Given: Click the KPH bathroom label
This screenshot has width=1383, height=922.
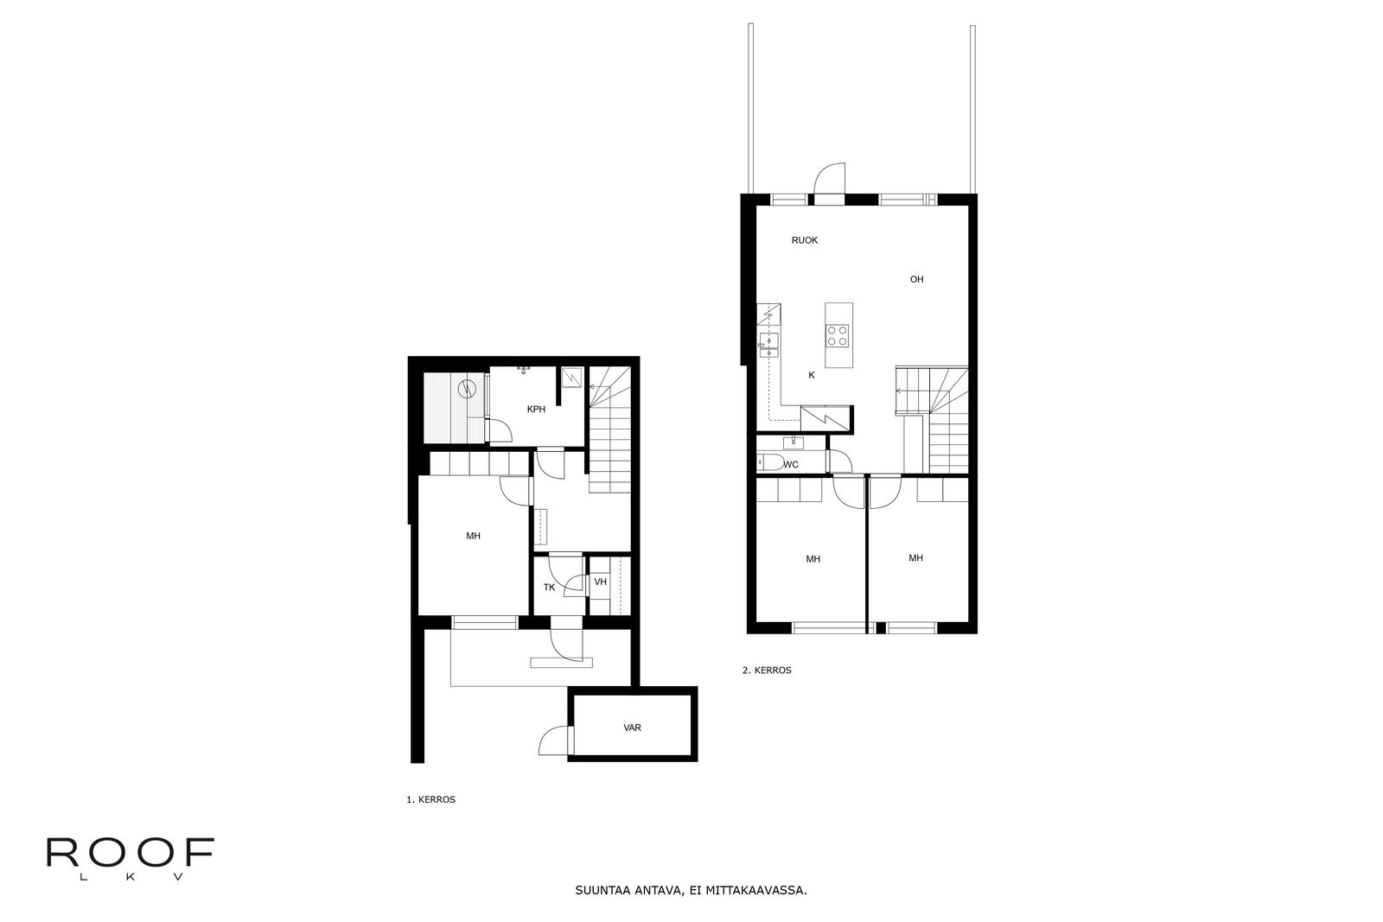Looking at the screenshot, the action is [x=536, y=410].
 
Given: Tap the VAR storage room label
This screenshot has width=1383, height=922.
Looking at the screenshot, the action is [x=632, y=728].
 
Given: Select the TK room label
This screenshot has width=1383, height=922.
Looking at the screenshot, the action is [x=549, y=588].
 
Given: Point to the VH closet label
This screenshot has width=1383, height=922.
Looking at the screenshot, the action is [x=600, y=582].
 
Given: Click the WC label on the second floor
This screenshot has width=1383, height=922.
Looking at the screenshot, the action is [x=791, y=465].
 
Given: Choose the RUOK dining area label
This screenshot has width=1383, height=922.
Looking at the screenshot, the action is [x=805, y=240].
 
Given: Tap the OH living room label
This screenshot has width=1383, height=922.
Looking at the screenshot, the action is [x=917, y=279].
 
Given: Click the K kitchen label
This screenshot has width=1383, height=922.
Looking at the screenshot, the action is [x=812, y=375].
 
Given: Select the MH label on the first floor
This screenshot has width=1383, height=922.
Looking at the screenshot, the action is [x=473, y=536].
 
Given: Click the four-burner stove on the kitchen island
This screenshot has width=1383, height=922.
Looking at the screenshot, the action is [x=838, y=335].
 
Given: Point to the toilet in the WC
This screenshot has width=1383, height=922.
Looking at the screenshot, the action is [x=770, y=462].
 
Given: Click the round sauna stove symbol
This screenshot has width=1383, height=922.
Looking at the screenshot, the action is [x=467, y=389].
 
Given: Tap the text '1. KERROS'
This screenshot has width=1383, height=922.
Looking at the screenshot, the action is [x=431, y=799].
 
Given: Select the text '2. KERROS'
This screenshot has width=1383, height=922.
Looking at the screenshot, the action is [x=767, y=670].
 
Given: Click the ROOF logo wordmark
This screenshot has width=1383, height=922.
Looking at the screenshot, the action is [x=131, y=854].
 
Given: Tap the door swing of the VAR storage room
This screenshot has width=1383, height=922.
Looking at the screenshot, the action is [x=553, y=740].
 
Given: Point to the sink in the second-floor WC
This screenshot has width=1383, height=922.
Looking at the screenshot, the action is [x=793, y=442].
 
